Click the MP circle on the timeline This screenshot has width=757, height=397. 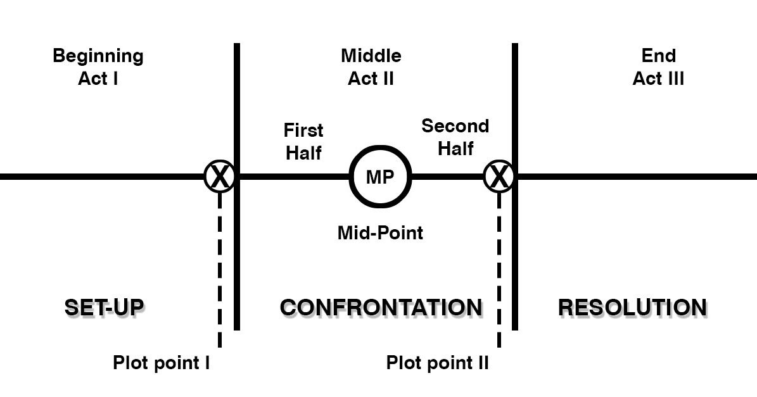380,177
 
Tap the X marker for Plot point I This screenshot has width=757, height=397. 219,176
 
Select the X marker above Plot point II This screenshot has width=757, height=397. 499,176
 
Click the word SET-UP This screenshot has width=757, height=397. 105,308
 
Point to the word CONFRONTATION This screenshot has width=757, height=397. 381,308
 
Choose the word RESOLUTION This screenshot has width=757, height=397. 632,308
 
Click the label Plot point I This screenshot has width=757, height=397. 161,363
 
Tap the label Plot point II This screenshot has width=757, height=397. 437,363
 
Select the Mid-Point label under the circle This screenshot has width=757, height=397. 380,233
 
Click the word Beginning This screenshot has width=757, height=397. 98,56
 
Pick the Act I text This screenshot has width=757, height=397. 98,79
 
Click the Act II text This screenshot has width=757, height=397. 371,79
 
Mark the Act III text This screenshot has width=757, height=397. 658,79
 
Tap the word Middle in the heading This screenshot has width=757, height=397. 371,56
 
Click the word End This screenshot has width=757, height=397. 658,56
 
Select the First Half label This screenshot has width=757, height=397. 303,141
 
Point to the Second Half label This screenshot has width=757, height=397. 455,137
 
